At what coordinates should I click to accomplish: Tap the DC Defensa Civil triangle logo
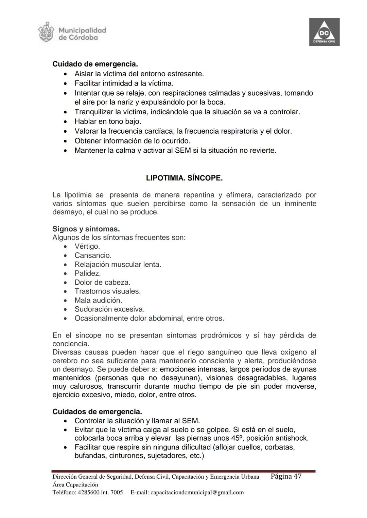[x=324, y=32]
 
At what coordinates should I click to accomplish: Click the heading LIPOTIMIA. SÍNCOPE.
[x=184, y=178]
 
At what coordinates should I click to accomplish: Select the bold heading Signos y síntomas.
[x=86, y=229]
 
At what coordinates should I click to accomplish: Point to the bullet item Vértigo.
[x=87, y=246]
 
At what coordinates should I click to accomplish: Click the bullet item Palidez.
[x=87, y=273]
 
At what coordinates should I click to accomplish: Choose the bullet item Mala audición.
[x=98, y=300]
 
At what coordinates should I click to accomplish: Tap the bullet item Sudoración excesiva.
[x=109, y=309]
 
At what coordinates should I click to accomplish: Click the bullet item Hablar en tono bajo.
[x=108, y=121]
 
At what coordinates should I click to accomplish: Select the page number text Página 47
[x=286, y=476]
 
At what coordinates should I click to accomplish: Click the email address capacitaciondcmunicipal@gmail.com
[x=197, y=492]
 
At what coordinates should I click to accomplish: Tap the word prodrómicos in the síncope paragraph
[x=221, y=335]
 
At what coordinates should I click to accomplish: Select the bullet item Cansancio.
[x=93, y=255]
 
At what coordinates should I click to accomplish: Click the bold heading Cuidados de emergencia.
[x=97, y=412]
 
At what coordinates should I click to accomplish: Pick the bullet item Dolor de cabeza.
[x=102, y=283]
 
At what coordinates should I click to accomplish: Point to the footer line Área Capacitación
[x=75, y=484]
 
